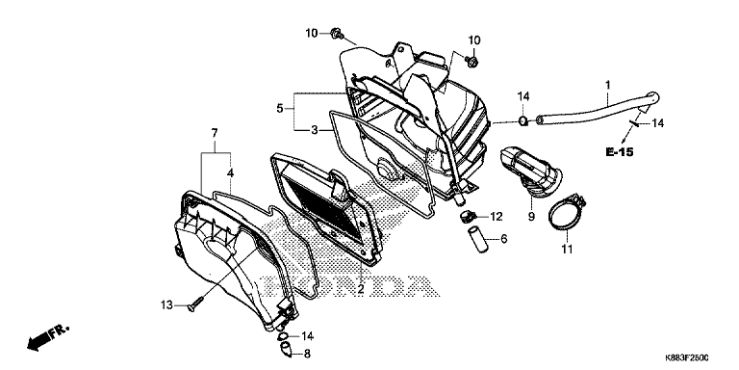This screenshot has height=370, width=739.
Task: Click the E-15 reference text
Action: pyautogui.click(x=620, y=152)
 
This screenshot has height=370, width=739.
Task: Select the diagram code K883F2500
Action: pyautogui.click(x=687, y=358)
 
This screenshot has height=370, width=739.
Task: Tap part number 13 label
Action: pyautogui.click(x=167, y=304)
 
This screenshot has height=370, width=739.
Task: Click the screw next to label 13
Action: pyautogui.click(x=195, y=304)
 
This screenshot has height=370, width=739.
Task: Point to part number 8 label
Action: pyautogui.click(x=307, y=353)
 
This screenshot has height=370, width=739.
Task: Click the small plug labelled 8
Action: pyautogui.click(x=286, y=349)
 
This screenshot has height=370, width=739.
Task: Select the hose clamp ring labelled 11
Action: pyautogui.click(x=567, y=214)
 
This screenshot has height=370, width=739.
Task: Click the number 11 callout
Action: pyautogui.click(x=567, y=249)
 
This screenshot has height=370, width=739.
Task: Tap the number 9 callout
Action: pyautogui.click(x=531, y=217)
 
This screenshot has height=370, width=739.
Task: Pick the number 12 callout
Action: pyautogui.click(x=497, y=217)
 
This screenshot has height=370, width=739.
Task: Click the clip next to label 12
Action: pyautogui.click(x=468, y=218)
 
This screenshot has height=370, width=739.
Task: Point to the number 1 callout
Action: pyautogui.click(x=608, y=86)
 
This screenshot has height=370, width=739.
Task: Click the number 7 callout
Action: pyautogui.click(x=215, y=133)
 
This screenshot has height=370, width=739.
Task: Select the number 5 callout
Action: pyautogui.click(x=279, y=109)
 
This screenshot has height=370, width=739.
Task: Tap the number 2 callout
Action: pyautogui.click(x=361, y=289)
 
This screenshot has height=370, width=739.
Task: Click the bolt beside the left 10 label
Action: pyautogui.click(x=338, y=33)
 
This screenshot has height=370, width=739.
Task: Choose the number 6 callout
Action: pyautogui.click(x=504, y=239)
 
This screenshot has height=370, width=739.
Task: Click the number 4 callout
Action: pyautogui.click(x=231, y=173)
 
